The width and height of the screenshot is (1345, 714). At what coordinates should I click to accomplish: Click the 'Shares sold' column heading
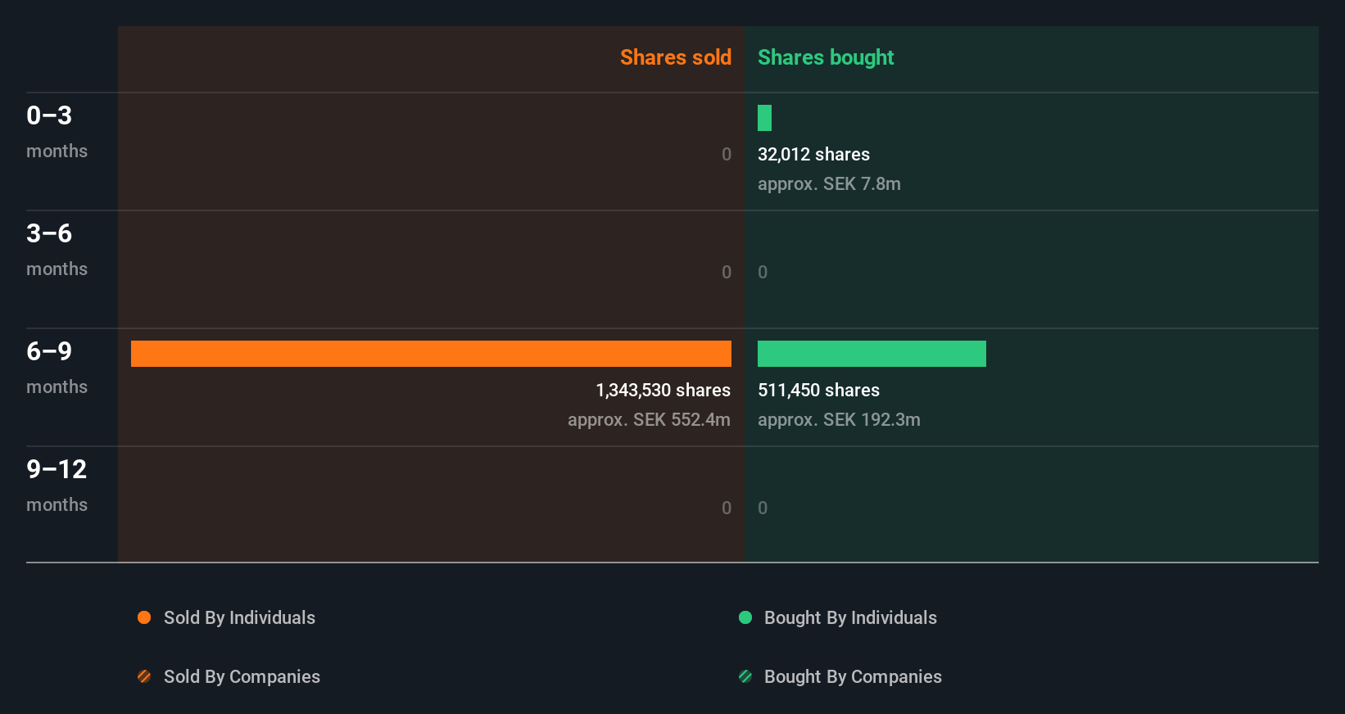[675, 57]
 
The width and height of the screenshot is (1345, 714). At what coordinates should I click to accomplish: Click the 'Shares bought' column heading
[825, 57]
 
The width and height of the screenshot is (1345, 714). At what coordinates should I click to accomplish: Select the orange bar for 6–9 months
[431, 354]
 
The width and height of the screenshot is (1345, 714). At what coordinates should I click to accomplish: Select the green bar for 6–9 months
[872, 354]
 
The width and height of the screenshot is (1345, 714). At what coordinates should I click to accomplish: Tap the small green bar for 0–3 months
[764, 118]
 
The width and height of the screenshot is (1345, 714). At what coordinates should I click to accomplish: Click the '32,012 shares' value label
[813, 154]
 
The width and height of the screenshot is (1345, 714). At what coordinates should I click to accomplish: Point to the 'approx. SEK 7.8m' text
[829, 183]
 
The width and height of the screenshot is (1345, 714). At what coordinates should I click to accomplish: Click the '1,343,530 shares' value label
[663, 390]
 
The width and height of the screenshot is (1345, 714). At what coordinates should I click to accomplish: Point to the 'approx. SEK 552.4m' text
[649, 419]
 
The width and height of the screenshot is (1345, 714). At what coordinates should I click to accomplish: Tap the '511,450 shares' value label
[818, 390]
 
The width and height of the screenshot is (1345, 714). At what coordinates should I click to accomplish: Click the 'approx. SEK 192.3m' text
[839, 419]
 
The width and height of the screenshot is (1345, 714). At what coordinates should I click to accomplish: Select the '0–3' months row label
[49, 115]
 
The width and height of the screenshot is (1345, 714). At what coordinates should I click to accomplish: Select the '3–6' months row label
[49, 233]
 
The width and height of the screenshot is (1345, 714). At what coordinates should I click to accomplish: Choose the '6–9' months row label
[49, 351]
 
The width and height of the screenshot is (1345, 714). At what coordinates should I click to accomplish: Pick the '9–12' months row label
[57, 469]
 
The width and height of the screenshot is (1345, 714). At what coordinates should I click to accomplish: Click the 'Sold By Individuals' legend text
[239, 617]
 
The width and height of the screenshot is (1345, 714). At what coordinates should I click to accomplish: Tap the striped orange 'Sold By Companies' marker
[144, 676]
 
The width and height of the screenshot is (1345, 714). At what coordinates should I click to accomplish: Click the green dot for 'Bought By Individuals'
[745, 617]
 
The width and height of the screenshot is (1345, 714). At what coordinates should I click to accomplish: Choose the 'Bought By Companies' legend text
[853, 676]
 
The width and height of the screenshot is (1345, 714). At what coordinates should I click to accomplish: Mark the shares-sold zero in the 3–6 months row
[727, 272]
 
